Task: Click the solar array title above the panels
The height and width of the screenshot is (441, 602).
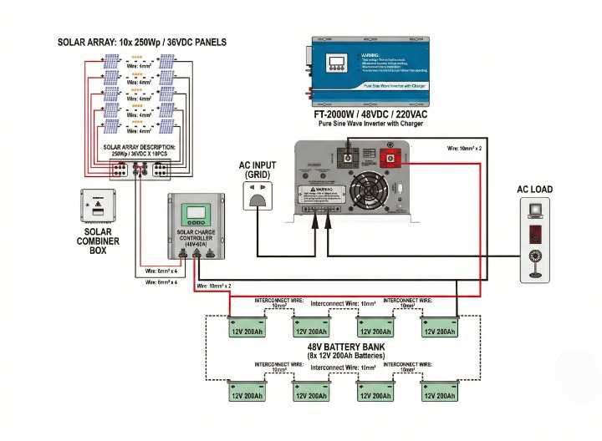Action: click(x=141, y=42)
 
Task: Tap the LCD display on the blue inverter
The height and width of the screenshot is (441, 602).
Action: click(x=338, y=63)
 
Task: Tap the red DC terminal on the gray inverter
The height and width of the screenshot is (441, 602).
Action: click(x=389, y=156)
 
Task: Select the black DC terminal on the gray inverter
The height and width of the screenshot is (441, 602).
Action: click(x=343, y=156)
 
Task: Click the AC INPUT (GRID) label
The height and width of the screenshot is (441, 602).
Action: click(x=260, y=170)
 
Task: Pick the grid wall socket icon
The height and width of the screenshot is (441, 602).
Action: click(x=258, y=197)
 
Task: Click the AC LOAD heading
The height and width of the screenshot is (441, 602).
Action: click(x=534, y=190)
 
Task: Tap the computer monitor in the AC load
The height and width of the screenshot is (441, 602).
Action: click(x=536, y=212)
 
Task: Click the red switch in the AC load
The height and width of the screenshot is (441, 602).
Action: click(x=536, y=234)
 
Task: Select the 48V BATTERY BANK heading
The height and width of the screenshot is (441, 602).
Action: click(x=345, y=347)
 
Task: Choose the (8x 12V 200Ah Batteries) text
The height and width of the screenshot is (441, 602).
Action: click(x=345, y=357)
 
